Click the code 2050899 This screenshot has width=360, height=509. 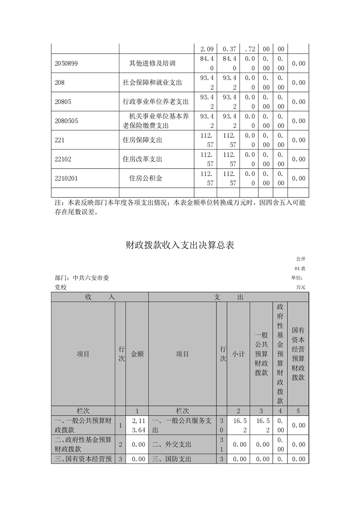66,64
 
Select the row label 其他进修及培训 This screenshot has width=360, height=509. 153,64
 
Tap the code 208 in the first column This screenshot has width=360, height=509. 59,83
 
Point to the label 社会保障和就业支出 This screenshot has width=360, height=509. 152,83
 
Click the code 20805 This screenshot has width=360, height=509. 63,102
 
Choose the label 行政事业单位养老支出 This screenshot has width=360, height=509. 156,102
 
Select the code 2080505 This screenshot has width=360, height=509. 66,121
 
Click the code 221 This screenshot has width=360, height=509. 59,140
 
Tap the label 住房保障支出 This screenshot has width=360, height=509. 143,140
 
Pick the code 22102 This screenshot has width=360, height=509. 63,159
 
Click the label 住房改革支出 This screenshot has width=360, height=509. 143,159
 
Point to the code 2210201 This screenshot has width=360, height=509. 66,178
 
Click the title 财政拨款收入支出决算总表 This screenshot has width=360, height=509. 180,245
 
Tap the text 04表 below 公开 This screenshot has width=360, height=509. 300,269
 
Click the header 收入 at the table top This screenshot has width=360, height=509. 99,297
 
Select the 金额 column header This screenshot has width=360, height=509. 137,354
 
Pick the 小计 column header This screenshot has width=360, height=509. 238,354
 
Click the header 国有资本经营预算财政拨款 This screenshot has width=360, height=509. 298,354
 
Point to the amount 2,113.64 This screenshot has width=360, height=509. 137,426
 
